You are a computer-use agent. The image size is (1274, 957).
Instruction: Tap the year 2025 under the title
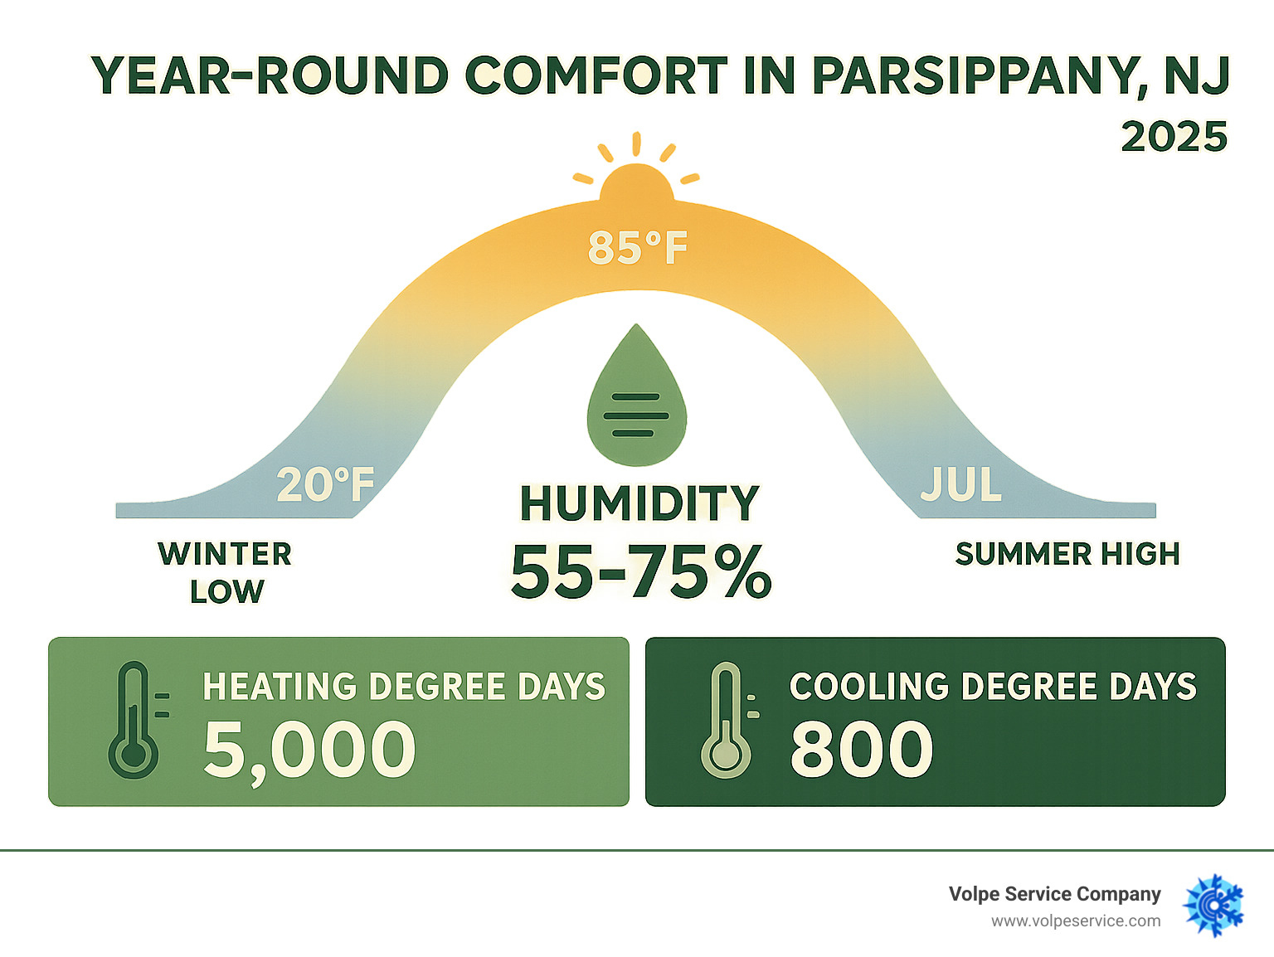(1174, 137)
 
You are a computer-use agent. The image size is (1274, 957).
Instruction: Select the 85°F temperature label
(637, 247)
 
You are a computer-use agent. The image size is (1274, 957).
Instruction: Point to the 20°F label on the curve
(325, 485)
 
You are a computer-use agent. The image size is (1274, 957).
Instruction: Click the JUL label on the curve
(961, 485)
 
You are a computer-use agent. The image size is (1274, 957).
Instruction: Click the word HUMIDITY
(639, 503)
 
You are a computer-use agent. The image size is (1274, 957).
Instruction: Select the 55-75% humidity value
(640, 571)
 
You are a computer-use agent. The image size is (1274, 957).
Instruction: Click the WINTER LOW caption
(225, 572)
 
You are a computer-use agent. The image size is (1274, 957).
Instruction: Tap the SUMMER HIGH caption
(1067, 554)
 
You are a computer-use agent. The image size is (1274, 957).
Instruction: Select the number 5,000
(309, 750)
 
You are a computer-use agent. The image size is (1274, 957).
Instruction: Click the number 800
(861, 750)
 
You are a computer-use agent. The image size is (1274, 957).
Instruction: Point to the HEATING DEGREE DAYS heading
(404, 687)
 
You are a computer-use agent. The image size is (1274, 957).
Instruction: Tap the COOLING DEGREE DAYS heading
(993, 687)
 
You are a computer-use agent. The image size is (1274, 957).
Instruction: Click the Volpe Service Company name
(1054, 894)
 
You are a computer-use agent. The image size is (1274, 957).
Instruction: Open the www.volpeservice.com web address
(1076, 921)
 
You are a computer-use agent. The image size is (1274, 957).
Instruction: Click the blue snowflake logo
(1214, 906)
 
